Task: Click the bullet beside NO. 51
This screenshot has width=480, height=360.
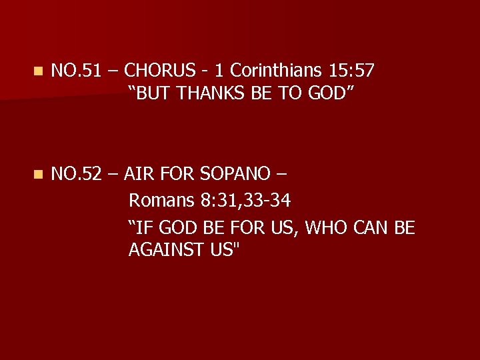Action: pyautogui.click(x=39, y=69)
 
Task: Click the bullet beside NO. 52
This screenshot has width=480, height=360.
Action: pyautogui.click(x=39, y=175)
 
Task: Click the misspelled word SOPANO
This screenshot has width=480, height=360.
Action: pyautogui.click(x=236, y=174)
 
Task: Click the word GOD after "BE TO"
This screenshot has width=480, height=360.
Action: pyautogui.click(x=327, y=94)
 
